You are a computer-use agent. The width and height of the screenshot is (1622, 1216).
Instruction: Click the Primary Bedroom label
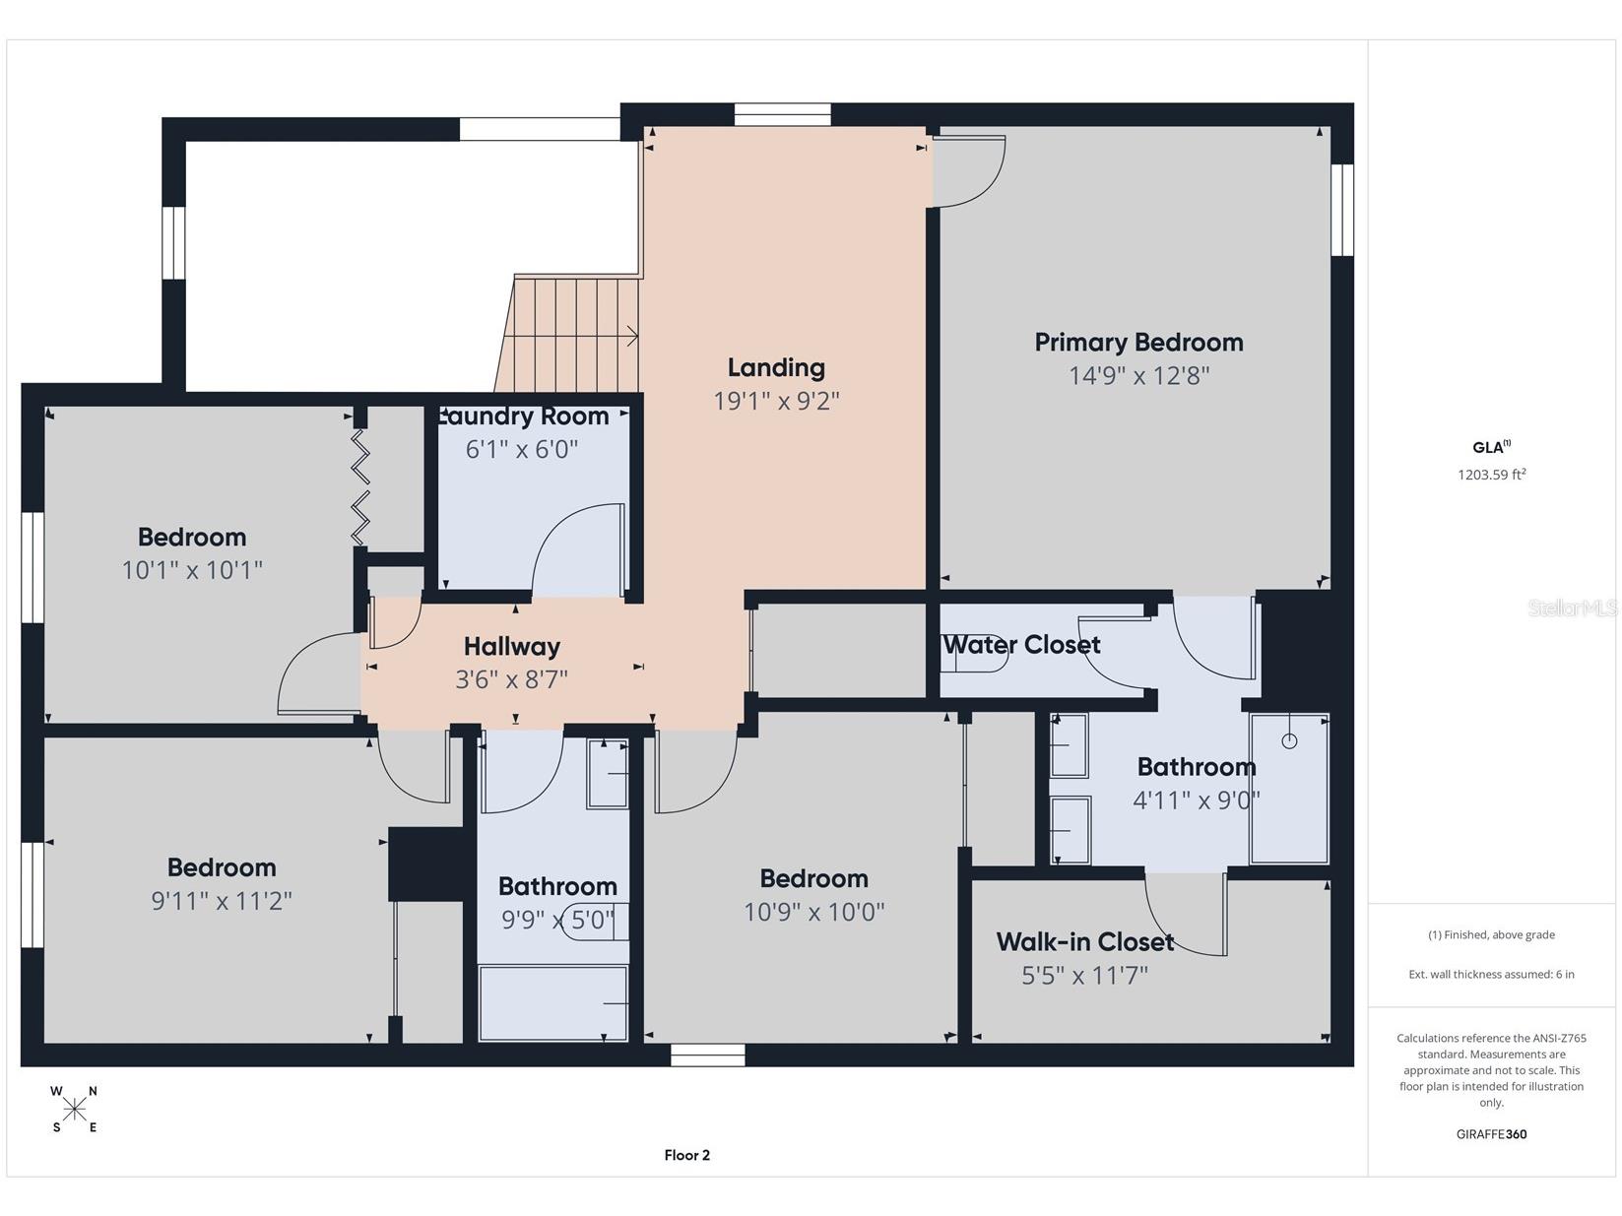coord(1138,343)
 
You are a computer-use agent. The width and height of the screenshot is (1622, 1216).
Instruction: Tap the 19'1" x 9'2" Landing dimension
coord(776,401)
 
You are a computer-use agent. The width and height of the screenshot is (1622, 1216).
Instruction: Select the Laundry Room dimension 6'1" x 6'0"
coord(521,449)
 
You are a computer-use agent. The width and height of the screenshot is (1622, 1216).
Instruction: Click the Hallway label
coord(512,647)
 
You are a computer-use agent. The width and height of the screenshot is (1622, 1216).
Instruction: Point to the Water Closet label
coord(1022,645)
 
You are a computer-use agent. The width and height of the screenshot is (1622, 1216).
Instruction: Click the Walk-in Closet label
coord(1085,942)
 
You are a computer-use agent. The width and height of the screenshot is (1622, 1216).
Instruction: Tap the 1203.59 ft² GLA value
coord(1491,475)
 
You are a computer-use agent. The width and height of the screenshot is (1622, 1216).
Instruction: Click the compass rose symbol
coord(75,1109)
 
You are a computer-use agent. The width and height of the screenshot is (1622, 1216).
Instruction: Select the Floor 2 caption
coord(686,1155)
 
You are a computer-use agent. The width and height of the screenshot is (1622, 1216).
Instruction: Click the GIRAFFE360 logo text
coord(1491,1133)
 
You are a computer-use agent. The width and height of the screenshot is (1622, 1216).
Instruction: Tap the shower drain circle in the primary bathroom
coord(1289,740)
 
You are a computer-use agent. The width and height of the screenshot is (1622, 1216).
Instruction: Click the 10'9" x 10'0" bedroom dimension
coord(813,912)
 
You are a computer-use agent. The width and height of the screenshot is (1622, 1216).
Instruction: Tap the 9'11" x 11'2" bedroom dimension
coord(222,901)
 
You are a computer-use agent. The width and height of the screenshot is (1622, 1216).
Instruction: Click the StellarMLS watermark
coord(1572,608)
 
